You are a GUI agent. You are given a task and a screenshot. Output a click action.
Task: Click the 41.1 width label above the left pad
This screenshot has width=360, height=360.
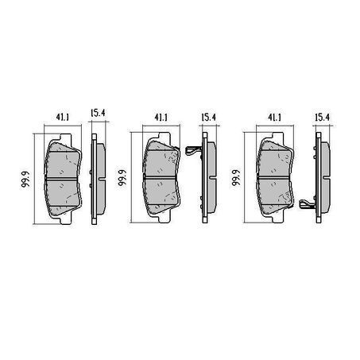[62, 117]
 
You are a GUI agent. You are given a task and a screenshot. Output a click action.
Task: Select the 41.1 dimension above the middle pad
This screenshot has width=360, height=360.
[161, 117]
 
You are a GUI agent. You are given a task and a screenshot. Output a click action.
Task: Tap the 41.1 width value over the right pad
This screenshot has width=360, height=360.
[274, 117]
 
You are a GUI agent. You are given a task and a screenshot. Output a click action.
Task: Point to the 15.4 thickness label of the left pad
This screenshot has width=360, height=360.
[98, 113]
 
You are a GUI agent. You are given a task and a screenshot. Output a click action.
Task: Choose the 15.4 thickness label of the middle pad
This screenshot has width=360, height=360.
[209, 117]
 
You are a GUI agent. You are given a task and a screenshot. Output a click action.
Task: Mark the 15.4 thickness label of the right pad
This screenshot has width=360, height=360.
[323, 117]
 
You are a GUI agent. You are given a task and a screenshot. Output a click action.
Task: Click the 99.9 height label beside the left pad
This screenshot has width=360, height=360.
[25, 180]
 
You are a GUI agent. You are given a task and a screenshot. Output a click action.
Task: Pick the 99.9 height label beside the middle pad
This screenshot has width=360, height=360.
[122, 178]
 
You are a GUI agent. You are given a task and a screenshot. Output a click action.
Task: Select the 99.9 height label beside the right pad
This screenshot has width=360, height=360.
[236, 178]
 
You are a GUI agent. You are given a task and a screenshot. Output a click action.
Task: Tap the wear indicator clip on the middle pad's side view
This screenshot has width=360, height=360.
[194, 150]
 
